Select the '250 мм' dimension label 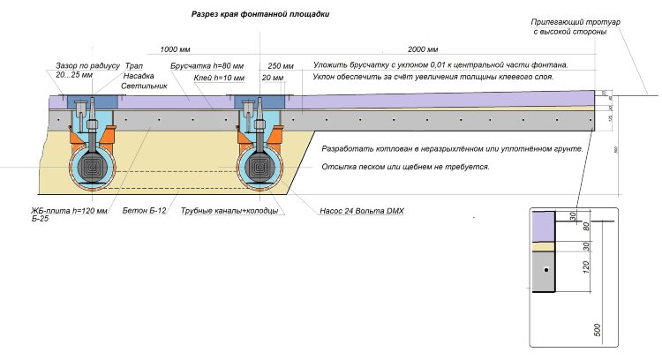click(x=281, y=66)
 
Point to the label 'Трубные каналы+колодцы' click(x=230, y=212)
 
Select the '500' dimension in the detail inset click(x=597, y=330)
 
